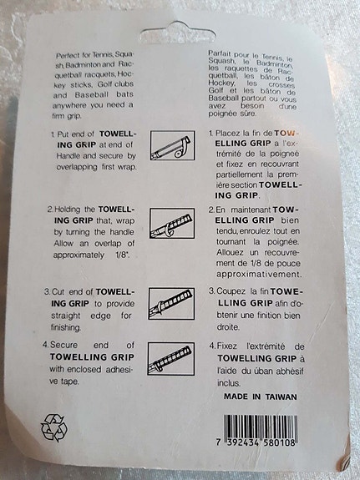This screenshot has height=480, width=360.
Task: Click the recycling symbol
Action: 54,427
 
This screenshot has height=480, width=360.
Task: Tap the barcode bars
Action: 261,427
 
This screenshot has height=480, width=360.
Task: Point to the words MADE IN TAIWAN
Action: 261,397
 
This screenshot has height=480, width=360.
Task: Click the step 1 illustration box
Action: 173,145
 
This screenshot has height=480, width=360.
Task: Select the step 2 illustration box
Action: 172,224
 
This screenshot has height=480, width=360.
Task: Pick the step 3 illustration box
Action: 171,303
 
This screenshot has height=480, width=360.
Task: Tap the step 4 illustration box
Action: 171,358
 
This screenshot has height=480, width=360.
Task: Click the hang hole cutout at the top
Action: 177,33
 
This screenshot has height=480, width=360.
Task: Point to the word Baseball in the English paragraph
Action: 92,94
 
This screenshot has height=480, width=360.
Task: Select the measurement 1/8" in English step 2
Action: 123,255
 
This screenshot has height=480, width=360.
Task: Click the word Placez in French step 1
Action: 227,134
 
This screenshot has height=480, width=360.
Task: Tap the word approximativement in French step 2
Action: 259,274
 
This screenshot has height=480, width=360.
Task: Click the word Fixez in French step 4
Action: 226,346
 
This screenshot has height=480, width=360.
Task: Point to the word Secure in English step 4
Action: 63,345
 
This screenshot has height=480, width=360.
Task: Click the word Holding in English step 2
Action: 68,210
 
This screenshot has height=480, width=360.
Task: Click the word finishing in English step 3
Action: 66,327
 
